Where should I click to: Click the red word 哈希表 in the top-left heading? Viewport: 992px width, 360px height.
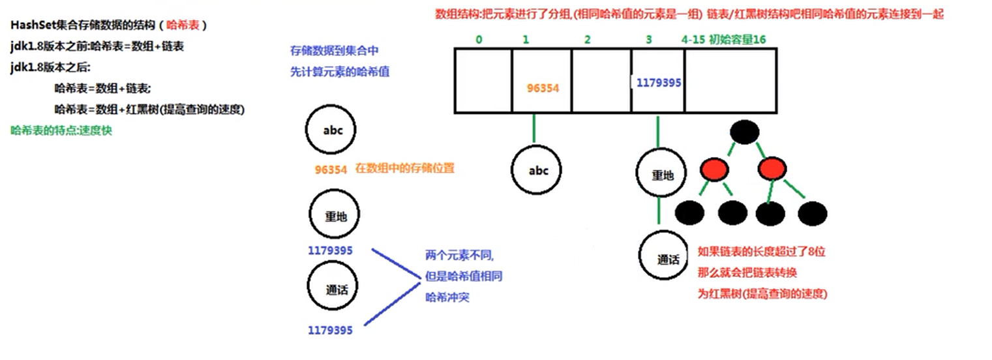[x=184, y=25]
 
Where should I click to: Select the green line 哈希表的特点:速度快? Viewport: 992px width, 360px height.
[x=62, y=130]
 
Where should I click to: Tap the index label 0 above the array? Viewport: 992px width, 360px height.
[x=479, y=40]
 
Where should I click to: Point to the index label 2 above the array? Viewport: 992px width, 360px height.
[x=588, y=40]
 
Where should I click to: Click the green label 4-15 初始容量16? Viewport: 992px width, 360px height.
[x=723, y=40]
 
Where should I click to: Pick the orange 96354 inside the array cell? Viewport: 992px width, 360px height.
[x=542, y=87]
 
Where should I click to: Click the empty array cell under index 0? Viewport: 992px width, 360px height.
[x=483, y=81]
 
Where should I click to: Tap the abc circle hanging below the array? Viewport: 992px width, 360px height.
[x=538, y=171]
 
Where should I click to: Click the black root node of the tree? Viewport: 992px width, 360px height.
[x=745, y=132]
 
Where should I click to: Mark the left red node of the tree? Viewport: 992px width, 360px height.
[x=714, y=170]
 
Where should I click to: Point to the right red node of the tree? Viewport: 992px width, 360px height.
[x=773, y=170]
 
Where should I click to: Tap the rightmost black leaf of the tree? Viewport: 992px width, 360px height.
[x=812, y=213]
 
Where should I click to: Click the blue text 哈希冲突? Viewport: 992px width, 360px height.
[x=447, y=297]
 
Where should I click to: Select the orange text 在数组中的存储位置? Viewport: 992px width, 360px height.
[x=404, y=168]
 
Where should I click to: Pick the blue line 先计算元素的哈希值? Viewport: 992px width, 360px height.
[x=340, y=72]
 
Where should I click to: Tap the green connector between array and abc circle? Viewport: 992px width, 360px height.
[x=534, y=128]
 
